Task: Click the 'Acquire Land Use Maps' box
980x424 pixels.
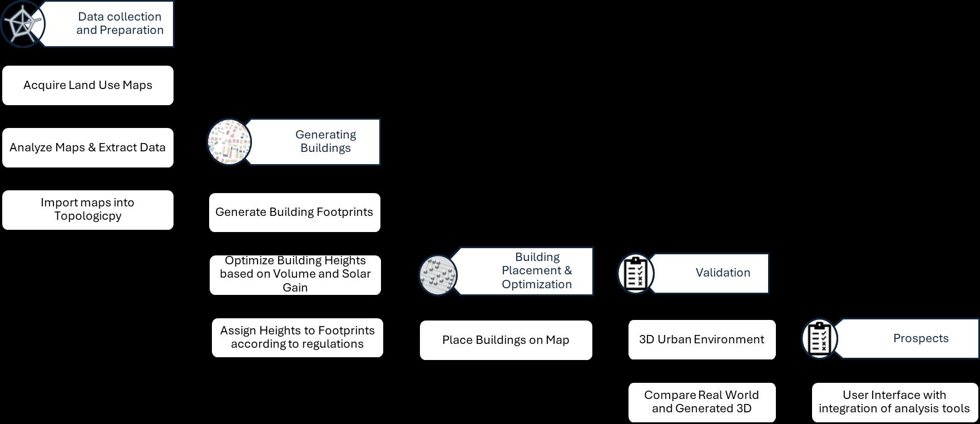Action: point(88,85)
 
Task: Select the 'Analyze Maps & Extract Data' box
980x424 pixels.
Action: point(88,147)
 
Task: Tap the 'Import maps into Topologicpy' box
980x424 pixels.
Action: point(88,210)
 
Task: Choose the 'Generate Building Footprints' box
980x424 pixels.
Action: point(294,212)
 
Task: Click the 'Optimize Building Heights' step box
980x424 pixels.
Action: point(295,274)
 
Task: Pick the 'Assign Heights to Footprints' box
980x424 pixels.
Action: point(297,337)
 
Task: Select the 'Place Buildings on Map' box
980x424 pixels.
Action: point(506,340)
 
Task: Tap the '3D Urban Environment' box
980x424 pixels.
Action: point(701,339)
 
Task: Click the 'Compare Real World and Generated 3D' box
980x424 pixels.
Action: point(701,402)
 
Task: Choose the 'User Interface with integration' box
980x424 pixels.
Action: point(894,402)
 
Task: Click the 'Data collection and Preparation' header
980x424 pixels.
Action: point(120,23)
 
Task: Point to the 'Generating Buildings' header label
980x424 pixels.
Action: point(325,141)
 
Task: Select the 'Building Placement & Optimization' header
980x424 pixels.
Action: point(536,270)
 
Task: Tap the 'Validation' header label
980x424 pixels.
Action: point(722,273)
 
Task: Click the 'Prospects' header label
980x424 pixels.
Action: point(920,338)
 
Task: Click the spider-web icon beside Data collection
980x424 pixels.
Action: point(22,24)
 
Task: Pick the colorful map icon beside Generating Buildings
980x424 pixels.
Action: point(229,142)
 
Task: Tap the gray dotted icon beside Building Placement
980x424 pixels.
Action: point(438,275)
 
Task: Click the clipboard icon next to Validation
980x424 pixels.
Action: point(636,273)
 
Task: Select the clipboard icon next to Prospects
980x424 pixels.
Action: point(819,338)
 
